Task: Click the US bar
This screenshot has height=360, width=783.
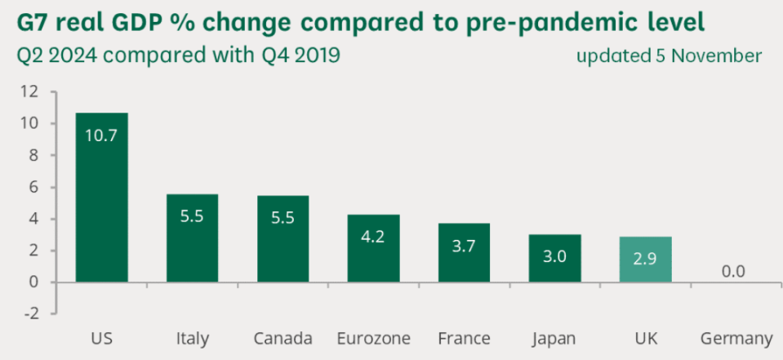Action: (x=101, y=198)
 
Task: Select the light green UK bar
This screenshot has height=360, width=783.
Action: (x=644, y=260)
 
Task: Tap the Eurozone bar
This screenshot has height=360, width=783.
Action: (x=373, y=248)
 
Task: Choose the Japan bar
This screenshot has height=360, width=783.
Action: (x=554, y=258)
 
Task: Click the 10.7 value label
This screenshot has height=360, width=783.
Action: (x=101, y=136)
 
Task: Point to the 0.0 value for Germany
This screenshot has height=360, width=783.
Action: (x=734, y=271)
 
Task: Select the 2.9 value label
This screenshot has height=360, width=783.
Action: (x=644, y=259)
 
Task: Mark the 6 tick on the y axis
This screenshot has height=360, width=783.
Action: (x=34, y=187)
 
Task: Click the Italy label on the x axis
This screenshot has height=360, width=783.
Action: (x=192, y=338)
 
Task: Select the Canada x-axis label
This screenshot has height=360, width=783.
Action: (x=283, y=338)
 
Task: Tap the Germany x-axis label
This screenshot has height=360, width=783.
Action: (x=736, y=338)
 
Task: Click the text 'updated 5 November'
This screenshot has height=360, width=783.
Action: (x=669, y=56)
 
